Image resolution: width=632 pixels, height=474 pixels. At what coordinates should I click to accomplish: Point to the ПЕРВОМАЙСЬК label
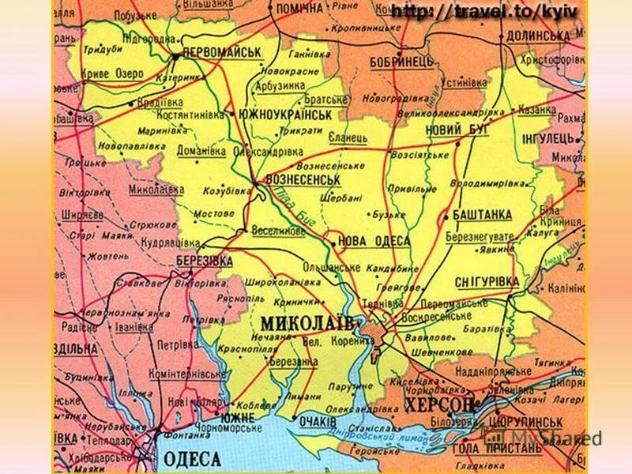[x=221, y=52]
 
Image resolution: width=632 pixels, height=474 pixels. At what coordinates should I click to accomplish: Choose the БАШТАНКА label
[x=483, y=215]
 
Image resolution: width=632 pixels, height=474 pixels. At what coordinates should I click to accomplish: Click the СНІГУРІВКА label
[x=487, y=281]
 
